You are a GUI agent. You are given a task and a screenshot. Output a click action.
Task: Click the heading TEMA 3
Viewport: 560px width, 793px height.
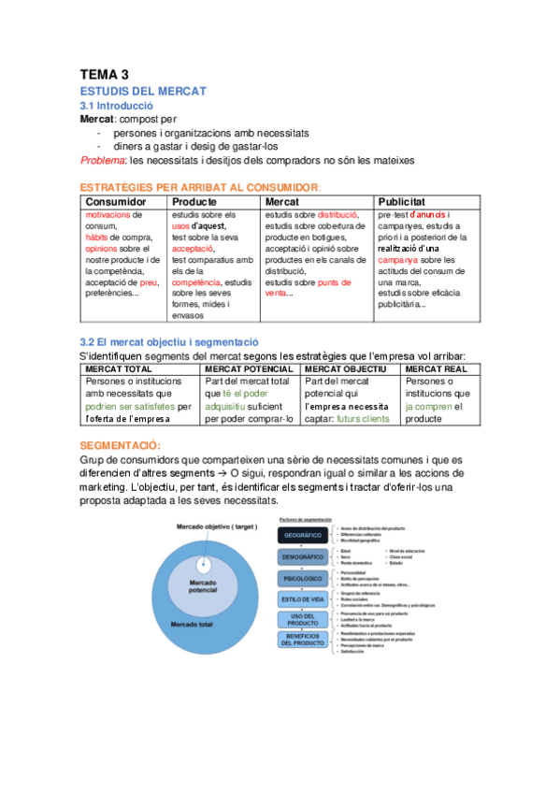pyautogui.click(x=104, y=74)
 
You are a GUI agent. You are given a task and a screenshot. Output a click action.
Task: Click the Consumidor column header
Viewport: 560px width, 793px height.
pyautogui.click(x=115, y=201)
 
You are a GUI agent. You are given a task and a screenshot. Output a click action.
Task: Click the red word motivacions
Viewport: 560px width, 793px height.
pyautogui.click(x=108, y=214)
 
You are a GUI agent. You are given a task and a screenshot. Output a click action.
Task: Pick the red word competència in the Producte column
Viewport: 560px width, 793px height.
pyautogui.click(x=196, y=281)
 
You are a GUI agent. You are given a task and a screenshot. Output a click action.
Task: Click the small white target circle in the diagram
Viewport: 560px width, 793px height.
pyautogui.click(x=204, y=566)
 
